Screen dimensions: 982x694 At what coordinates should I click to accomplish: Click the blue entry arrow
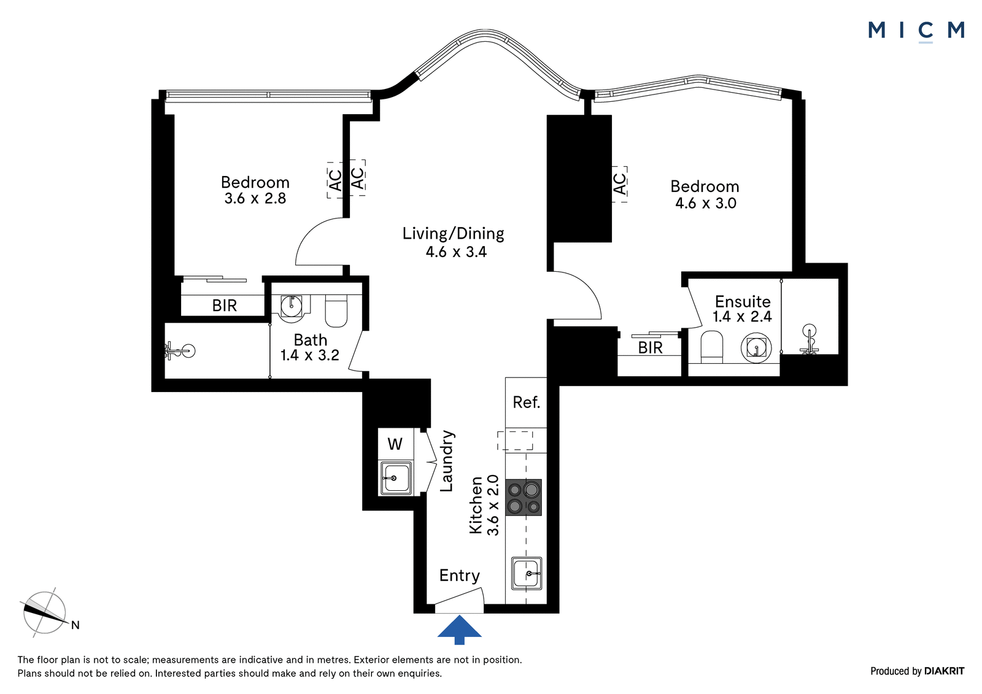[x=460, y=630]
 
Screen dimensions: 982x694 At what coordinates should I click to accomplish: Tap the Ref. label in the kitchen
[x=526, y=402]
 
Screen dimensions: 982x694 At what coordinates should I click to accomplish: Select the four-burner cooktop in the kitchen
[x=524, y=497]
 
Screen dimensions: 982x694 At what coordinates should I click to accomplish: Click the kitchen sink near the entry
[x=527, y=574]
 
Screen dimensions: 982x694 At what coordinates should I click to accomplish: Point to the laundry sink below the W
[x=396, y=478]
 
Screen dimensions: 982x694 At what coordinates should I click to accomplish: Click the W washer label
[x=395, y=444]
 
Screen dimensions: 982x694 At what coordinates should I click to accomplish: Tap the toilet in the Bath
[x=336, y=311]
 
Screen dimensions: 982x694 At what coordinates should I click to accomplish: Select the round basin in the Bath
[x=291, y=306]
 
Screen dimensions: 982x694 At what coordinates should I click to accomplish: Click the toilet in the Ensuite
[x=711, y=347]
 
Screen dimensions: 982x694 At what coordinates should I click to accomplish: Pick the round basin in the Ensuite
[x=756, y=348]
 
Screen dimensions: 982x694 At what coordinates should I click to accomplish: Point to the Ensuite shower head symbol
[x=809, y=339]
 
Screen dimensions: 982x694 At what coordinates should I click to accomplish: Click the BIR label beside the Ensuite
[x=650, y=348]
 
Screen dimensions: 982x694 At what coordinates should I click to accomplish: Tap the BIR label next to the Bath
[x=225, y=305]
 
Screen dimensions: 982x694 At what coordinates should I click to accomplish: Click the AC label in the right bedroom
[x=619, y=184]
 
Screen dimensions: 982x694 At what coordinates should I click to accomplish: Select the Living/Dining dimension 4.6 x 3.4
[x=456, y=252]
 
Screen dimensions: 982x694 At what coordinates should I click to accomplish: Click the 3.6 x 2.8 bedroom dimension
[x=255, y=199]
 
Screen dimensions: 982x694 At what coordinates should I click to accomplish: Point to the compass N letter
[x=75, y=625]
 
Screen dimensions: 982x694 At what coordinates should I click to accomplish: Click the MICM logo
[x=916, y=31]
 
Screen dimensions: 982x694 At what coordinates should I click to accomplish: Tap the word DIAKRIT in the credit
[x=944, y=671]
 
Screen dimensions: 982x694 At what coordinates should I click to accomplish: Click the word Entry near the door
[x=460, y=576]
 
